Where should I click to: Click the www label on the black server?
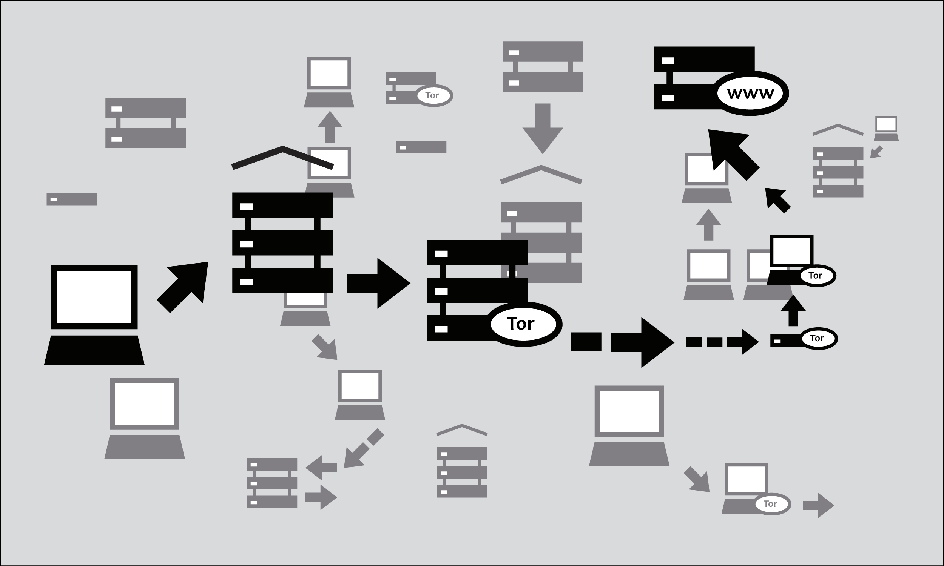[750, 94]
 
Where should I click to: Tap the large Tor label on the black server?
[521, 324]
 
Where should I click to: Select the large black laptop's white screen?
[94, 297]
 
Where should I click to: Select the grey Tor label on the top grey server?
[432, 95]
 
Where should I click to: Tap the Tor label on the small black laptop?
[815, 275]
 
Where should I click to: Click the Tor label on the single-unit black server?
[817, 338]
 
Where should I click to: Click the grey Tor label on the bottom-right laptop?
[770, 504]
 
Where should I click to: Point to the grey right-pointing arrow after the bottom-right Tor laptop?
[818, 505]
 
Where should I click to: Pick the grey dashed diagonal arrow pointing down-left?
[361, 452]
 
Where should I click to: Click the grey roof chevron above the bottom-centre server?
[462, 430]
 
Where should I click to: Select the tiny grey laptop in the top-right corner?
[886, 129]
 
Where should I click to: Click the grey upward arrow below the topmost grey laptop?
[330, 127]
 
